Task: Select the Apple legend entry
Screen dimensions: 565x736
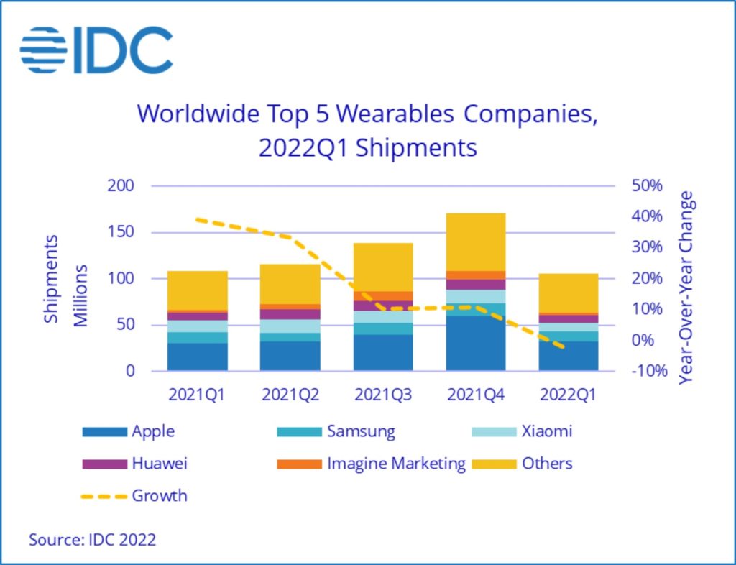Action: pyautogui.click(x=129, y=432)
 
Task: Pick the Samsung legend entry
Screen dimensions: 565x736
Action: pyautogui.click(x=336, y=432)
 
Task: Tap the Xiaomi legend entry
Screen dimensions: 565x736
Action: pyautogui.click(x=522, y=432)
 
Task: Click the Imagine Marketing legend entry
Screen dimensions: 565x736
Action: pyautogui.click(x=371, y=464)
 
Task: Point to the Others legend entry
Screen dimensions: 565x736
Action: pyautogui.click(x=522, y=464)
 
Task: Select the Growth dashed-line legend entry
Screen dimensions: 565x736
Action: pyautogui.click(x=134, y=496)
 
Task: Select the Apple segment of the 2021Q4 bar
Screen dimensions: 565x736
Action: pyautogui.click(x=476, y=344)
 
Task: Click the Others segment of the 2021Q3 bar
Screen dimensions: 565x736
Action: pyautogui.click(x=383, y=267)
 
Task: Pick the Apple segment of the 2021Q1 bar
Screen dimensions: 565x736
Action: pyautogui.click(x=198, y=357)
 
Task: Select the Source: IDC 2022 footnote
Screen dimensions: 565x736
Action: pyautogui.click(x=92, y=540)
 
